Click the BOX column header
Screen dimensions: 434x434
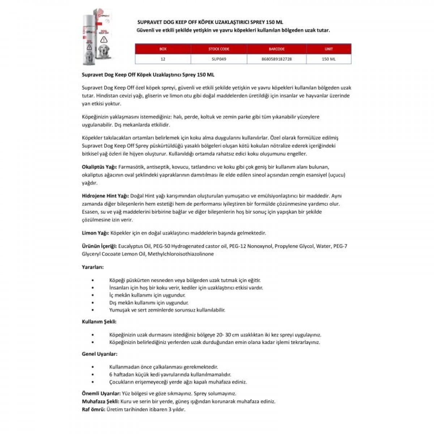163,49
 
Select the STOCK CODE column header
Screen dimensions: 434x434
219,49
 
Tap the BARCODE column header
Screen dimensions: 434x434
277,49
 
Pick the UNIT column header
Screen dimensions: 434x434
329,49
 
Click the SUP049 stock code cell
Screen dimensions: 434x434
219,59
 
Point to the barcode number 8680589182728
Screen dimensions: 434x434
277,59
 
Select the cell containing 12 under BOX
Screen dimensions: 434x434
163,59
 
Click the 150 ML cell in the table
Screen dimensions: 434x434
329,59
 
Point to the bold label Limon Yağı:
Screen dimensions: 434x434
95,233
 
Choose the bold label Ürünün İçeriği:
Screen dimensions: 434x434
99,246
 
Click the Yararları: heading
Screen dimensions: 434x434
93,267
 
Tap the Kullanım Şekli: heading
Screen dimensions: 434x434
99,322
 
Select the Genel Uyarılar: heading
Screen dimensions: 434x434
99,354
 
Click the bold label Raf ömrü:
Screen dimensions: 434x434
94,409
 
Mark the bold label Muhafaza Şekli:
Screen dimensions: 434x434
101,401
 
